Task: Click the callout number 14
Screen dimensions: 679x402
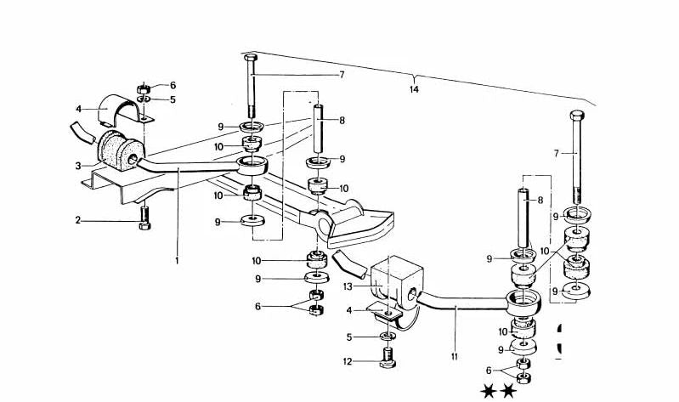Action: click(415, 90)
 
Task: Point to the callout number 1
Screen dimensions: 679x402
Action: click(177, 261)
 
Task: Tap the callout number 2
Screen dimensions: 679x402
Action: click(78, 220)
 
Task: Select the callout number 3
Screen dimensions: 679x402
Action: click(78, 166)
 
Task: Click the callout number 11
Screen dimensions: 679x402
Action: click(455, 357)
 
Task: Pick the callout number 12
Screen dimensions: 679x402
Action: click(348, 361)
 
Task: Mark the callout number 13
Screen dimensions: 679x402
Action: click(348, 286)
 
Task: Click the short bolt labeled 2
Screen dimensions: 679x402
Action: click(145, 218)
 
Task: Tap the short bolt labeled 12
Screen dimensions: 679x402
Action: click(388, 358)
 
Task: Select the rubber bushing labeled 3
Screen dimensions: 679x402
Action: click(119, 150)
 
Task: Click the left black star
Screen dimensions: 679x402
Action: click(489, 392)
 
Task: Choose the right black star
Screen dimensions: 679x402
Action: click(508, 392)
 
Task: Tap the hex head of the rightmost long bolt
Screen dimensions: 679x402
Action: click(577, 116)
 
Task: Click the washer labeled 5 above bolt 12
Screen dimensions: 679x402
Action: click(388, 336)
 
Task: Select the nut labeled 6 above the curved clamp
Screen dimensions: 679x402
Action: click(144, 88)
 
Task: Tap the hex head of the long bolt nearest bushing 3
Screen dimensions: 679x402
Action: click(251, 58)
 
